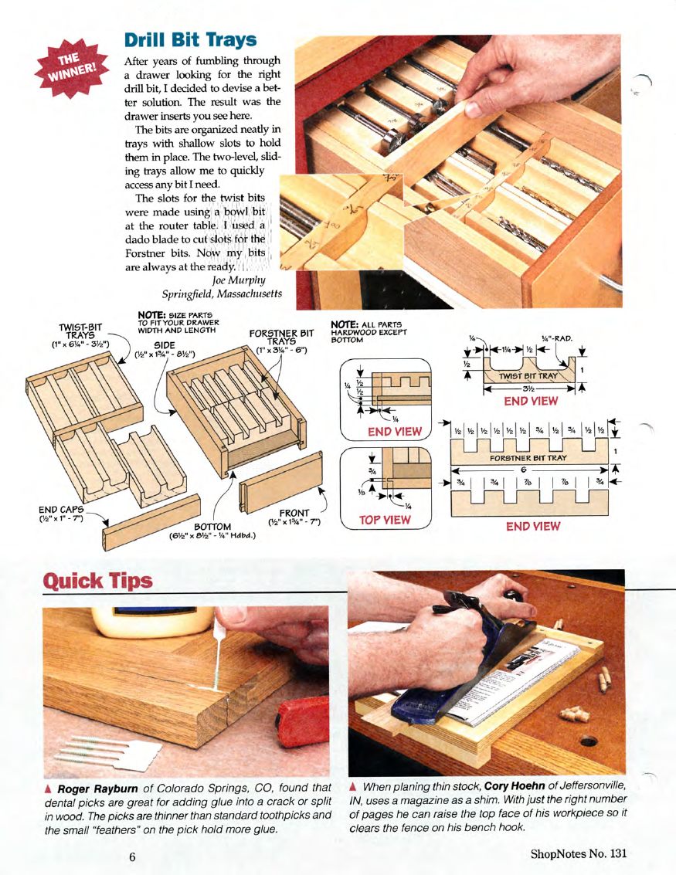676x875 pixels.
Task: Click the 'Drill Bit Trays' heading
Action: coord(190,39)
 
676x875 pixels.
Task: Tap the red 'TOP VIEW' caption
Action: coord(385,520)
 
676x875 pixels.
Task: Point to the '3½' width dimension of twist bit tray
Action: coord(528,388)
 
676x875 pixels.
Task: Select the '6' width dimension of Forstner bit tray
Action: coord(522,470)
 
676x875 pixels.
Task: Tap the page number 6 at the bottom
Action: coord(133,855)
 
